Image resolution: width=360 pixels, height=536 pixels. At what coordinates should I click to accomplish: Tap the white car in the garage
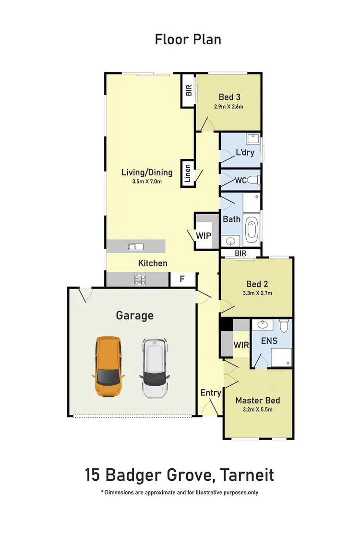(154, 368)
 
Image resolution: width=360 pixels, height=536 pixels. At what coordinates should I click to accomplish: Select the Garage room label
(135, 316)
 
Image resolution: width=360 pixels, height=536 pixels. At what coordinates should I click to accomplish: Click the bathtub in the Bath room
(252, 230)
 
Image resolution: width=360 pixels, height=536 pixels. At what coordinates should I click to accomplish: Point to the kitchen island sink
(136, 246)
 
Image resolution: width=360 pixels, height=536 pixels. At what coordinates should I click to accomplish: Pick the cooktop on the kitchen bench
(140, 279)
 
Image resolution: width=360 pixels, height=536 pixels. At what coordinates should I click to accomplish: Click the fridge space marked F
(182, 279)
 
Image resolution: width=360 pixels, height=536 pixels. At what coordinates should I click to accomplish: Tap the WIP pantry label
(203, 236)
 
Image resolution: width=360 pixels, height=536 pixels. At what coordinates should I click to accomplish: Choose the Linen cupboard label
(188, 175)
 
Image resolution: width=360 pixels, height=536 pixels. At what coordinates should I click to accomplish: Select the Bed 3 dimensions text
(228, 107)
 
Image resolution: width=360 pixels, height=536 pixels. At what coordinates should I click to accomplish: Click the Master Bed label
(257, 400)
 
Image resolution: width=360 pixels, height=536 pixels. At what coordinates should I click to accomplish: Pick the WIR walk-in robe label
(241, 345)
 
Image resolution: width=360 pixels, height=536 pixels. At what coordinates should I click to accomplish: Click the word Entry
(211, 392)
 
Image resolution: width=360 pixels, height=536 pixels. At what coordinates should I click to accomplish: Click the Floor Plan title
(188, 39)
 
